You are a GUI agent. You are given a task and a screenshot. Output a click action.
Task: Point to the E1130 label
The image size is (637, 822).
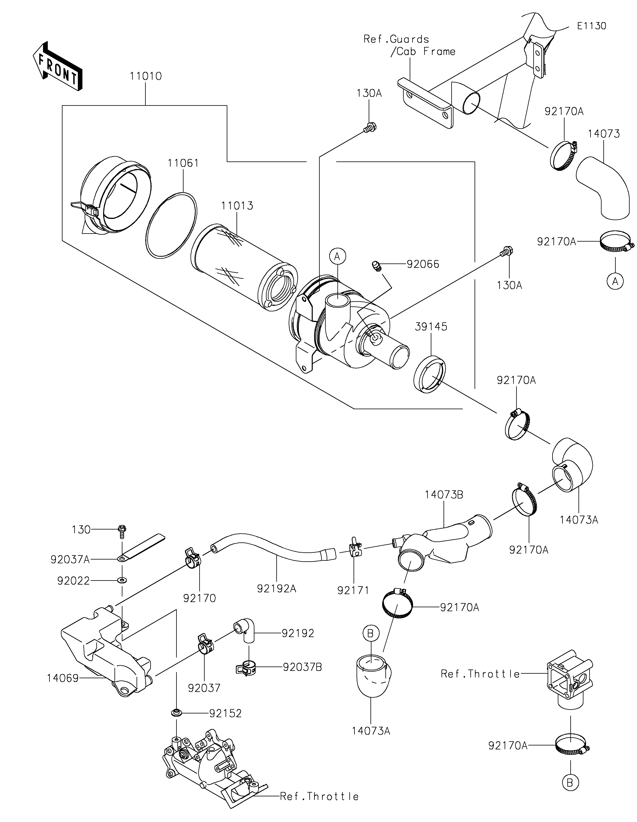(591, 26)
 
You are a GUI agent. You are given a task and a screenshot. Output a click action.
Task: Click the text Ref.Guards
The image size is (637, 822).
(396, 39)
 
